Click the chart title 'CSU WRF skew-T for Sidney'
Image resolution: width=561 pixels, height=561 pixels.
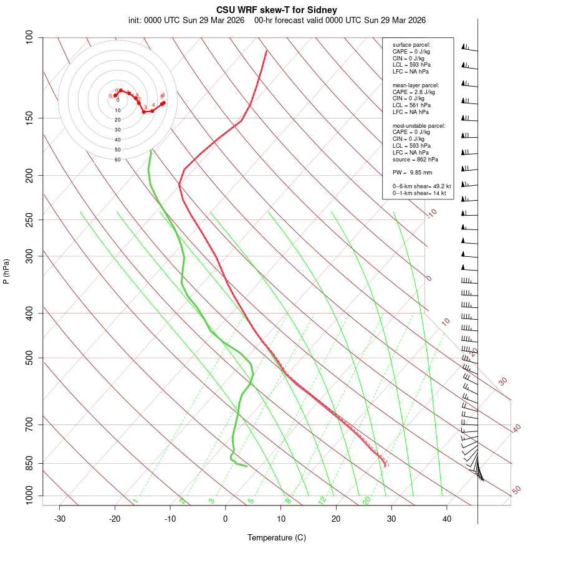point(277,10)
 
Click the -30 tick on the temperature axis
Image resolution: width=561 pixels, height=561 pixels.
point(60,519)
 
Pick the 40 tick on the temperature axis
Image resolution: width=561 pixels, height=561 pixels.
point(447,519)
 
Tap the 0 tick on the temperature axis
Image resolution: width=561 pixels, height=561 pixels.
point(226,519)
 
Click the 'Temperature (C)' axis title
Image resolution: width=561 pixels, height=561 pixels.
point(277,537)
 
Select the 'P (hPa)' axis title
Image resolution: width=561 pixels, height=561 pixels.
point(6,272)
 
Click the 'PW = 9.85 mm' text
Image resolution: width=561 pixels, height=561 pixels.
point(412,172)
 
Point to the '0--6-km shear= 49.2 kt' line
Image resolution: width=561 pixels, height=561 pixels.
point(417,186)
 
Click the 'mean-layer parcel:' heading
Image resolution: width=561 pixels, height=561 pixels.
point(416,85)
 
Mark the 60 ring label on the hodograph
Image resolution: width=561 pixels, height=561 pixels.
point(117,160)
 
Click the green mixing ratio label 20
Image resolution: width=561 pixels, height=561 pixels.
point(367,500)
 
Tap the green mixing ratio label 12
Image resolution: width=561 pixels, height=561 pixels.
point(322,500)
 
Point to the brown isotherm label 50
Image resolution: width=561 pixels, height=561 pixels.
point(516,491)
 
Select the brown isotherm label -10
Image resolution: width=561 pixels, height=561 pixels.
point(431,214)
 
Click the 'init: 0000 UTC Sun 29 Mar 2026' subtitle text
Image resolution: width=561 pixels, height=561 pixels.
point(186,20)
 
